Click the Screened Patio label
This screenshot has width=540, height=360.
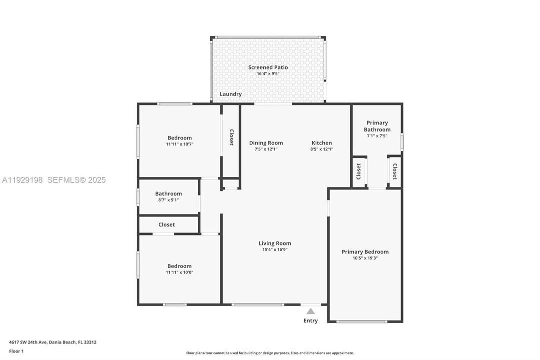click(x=268, y=67)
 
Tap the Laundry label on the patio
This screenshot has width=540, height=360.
click(x=230, y=94)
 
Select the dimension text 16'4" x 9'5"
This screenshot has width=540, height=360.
click(x=268, y=74)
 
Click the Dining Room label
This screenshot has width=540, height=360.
click(x=266, y=143)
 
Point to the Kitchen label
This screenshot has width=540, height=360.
click(x=322, y=143)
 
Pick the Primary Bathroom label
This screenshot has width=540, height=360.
click(x=377, y=126)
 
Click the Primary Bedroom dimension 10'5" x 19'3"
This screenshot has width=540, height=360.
click(x=365, y=258)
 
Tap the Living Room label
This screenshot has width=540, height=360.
click(x=275, y=243)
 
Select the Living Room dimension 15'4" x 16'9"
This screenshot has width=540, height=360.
click(x=275, y=250)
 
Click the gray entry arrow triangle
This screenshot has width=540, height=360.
click(x=311, y=311)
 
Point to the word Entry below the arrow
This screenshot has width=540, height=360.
click(x=311, y=320)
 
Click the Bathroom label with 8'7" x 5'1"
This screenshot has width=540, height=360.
click(x=168, y=193)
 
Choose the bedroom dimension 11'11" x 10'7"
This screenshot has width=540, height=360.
click(x=179, y=144)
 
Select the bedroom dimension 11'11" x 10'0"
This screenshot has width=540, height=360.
click(x=179, y=272)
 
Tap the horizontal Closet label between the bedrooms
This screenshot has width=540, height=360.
click(x=167, y=225)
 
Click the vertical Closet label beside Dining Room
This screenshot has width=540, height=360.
click(x=231, y=137)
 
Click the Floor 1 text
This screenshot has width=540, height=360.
click(x=16, y=351)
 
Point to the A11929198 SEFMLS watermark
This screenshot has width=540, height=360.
click(x=54, y=180)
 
